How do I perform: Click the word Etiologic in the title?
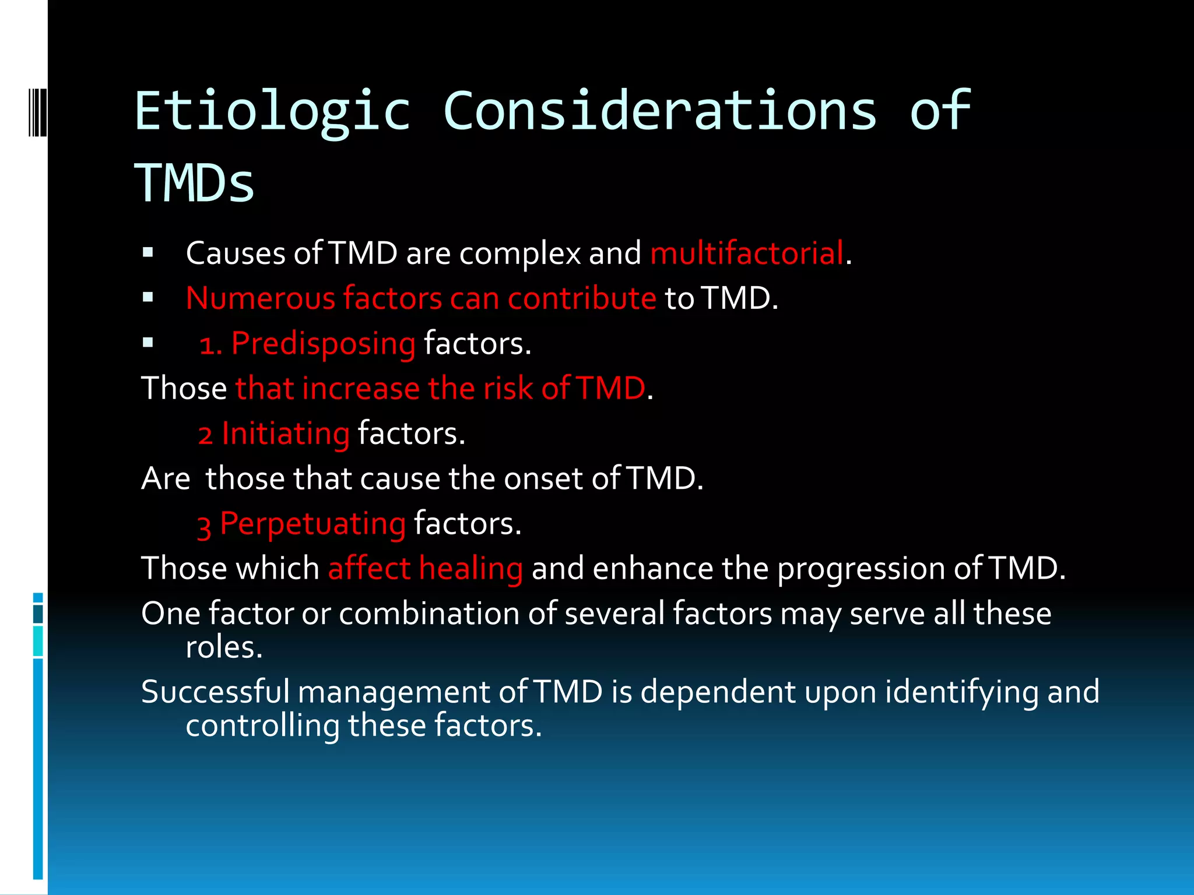point(272,112)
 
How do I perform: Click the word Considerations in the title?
point(659,111)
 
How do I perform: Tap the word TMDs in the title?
point(194,184)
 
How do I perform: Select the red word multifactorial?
point(747,253)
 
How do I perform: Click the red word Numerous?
point(260,298)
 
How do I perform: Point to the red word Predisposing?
point(323,343)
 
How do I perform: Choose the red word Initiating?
point(285,434)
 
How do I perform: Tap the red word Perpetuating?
point(312,524)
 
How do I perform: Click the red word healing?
point(470,569)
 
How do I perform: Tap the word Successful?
point(215,692)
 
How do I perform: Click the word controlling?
point(262,726)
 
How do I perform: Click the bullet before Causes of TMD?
point(148,253)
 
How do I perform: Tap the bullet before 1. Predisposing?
point(148,343)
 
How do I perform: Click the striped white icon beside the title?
point(37,112)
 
